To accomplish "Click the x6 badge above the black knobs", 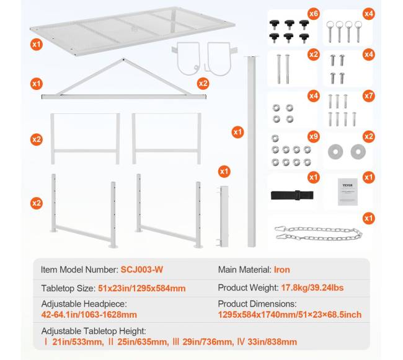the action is (313, 14).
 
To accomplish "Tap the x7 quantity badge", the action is (368, 96).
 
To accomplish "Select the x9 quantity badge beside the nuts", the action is (313, 136).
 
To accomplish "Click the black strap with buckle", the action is (292, 195).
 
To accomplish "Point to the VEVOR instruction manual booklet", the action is (347, 192).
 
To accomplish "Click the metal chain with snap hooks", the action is (319, 233).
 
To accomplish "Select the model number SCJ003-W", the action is (142, 270).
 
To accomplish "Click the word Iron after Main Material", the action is (282, 270).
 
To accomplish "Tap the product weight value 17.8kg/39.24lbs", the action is (312, 288).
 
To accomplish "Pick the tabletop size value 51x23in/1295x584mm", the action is (141, 288).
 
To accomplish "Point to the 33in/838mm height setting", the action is (272, 342).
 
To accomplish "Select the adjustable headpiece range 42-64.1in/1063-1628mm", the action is (89, 315).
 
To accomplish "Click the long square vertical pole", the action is (251, 152).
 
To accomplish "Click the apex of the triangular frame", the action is (123, 59).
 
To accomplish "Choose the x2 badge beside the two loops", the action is (203, 84).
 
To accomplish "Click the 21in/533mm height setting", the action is (78, 342).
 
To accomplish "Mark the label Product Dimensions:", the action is (257, 304).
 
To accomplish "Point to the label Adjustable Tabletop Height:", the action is (94, 331).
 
